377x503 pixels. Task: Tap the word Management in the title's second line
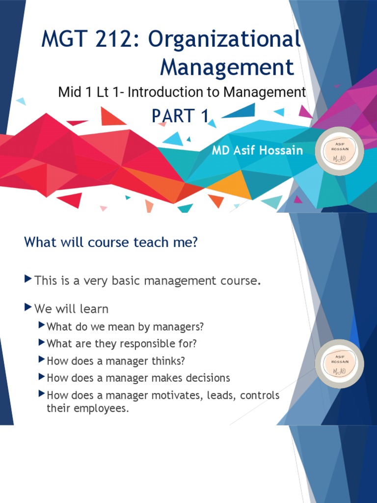pos(227,67)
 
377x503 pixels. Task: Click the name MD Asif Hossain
pos(257,150)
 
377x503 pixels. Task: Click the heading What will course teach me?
pos(110,242)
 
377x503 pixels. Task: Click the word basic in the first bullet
pos(124,281)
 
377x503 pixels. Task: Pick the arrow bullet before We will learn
pos(28,308)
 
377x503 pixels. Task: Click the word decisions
pos(207,378)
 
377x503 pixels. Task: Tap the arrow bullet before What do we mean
pos(42,325)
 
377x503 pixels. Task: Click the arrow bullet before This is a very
pos(28,280)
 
